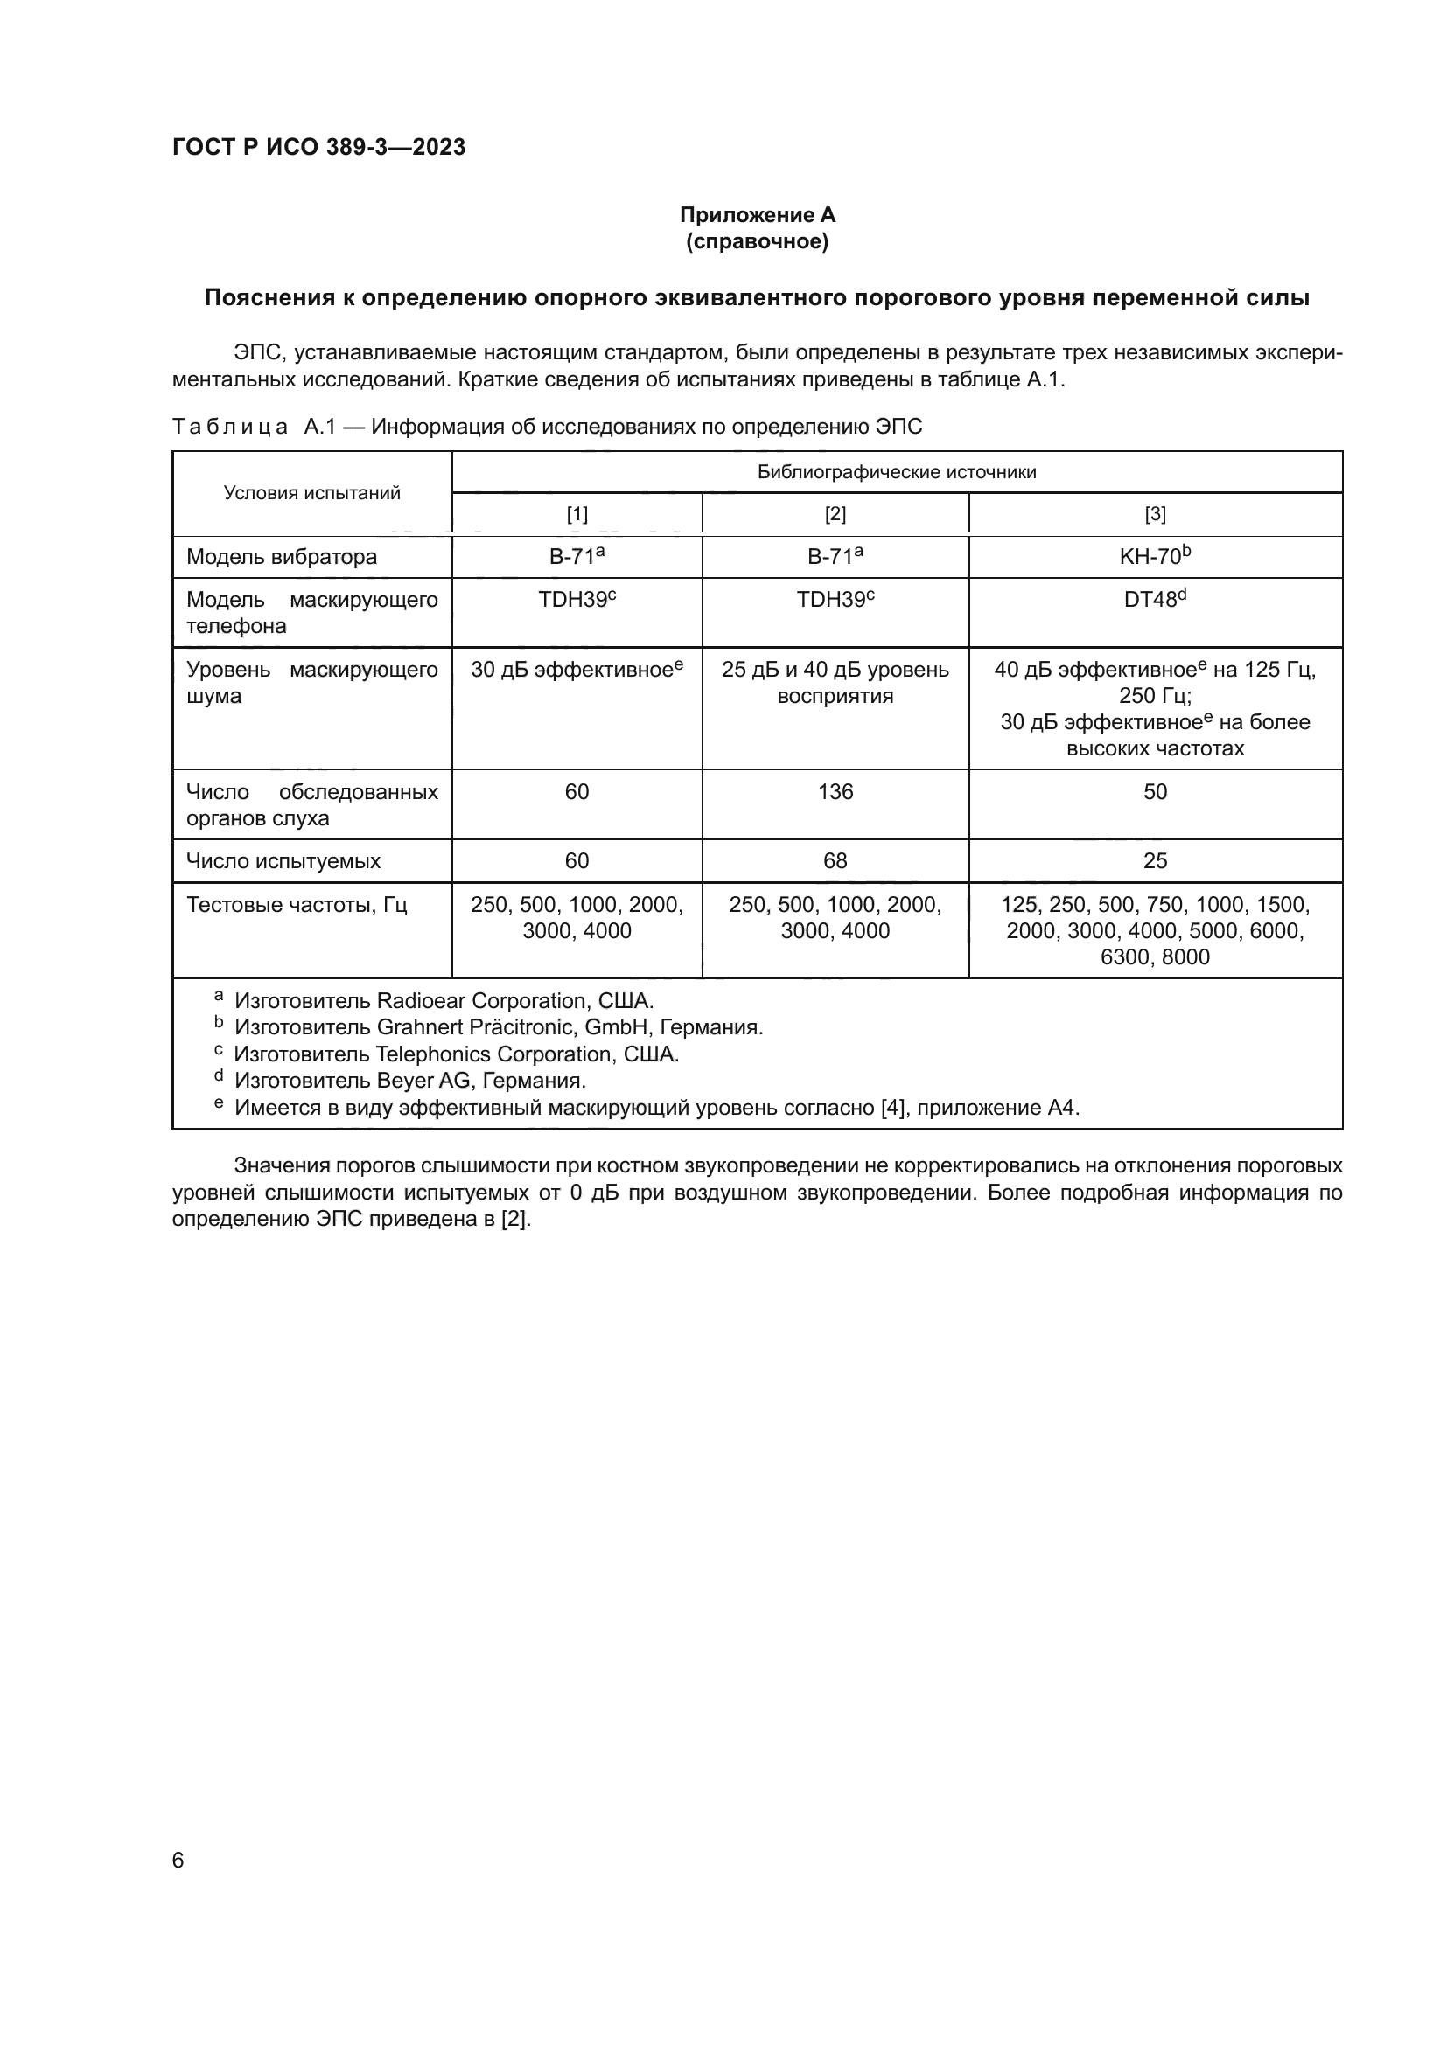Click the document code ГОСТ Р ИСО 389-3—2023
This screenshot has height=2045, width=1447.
tap(318, 147)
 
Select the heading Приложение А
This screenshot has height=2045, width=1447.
tap(757, 215)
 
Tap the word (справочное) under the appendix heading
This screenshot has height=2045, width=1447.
tap(757, 241)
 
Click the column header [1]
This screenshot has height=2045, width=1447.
tap(577, 514)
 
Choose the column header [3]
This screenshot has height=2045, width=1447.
tap(1155, 514)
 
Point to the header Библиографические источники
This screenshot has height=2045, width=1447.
tap(897, 472)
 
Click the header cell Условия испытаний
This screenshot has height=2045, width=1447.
tap(311, 492)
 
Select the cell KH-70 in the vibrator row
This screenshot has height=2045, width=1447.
tap(1155, 557)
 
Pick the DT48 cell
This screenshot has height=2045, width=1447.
tap(1155, 600)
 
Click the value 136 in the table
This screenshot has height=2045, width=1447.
tap(835, 792)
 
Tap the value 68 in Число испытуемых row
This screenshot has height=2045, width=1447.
tap(835, 861)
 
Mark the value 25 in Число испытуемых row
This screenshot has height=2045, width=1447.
tap(1155, 861)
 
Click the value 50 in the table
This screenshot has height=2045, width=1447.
tap(1155, 792)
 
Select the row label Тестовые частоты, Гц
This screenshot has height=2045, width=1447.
tap(297, 905)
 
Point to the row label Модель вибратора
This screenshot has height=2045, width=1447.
tap(282, 557)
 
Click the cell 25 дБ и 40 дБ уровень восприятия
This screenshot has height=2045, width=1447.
tap(835, 682)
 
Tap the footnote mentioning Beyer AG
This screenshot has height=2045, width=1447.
tap(409, 1081)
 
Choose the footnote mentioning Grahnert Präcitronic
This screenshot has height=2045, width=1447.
tap(498, 1027)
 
